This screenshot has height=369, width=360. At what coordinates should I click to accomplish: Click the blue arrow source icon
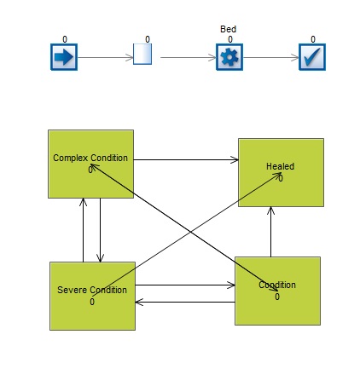pos(64,57)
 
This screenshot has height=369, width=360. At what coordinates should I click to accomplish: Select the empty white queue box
pos(142,54)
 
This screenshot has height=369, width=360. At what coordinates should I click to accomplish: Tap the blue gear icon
pos(229,57)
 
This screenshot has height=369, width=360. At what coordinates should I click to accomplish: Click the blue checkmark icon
pos(312,57)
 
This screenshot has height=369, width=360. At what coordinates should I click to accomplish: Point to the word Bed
pos(228,29)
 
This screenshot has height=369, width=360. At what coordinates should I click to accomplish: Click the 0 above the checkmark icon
pos(313,39)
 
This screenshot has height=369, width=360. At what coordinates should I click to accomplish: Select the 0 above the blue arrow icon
pos(65,39)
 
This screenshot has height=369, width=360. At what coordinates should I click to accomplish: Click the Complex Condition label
pos(90,158)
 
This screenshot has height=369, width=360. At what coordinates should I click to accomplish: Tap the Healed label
pos(280,166)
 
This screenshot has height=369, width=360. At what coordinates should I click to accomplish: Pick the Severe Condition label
pos(92,290)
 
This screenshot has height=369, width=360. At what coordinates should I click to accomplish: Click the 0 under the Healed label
pos(281,178)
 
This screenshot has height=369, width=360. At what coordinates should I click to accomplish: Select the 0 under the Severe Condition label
pos(92,302)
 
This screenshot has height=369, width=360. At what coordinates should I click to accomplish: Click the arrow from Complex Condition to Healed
pos(186,159)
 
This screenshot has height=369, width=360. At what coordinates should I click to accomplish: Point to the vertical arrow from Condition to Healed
pos(270,232)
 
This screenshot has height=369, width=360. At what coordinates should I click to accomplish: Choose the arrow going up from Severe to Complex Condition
pos(83,230)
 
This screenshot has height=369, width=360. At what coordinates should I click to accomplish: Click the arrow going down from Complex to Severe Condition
pos(100,230)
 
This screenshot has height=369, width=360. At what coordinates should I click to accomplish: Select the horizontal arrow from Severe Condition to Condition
pos(185,285)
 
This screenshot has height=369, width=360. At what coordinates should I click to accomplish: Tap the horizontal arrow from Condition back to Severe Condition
pos(185,302)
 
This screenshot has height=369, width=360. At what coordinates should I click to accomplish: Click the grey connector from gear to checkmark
pos(270,58)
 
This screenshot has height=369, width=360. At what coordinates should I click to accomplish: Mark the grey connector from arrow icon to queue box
pos(106,58)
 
